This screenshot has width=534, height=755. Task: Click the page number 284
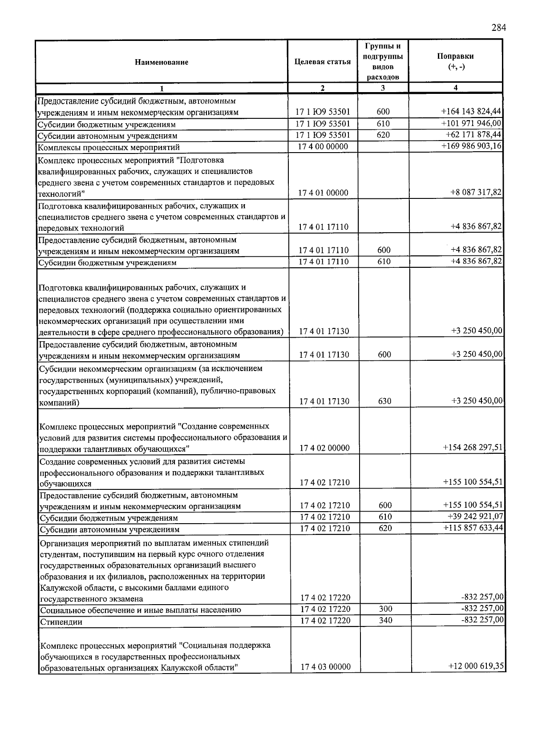[x=498, y=28]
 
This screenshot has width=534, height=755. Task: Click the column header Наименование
[x=162, y=62]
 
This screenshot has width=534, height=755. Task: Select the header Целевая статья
[x=323, y=62]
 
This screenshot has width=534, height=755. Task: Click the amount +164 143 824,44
[x=471, y=112]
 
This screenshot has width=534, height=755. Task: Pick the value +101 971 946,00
[x=471, y=123]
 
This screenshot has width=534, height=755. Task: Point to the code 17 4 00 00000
[x=323, y=146]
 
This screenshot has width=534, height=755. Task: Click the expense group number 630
[x=384, y=401]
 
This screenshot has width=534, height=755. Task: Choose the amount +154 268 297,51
[x=473, y=447]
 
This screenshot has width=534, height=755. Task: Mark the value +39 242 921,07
[x=474, y=516]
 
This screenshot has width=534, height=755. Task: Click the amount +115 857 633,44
[x=473, y=528]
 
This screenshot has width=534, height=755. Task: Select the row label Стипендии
[x=61, y=622]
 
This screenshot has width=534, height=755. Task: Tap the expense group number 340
[x=385, y=620]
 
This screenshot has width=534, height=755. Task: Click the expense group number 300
[x=385, y=609]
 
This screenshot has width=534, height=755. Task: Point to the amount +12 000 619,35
[x=475, y=666]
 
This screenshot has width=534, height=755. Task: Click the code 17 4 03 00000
[x=325, y=666]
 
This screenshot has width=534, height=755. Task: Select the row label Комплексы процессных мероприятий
[x=109, y=147]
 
